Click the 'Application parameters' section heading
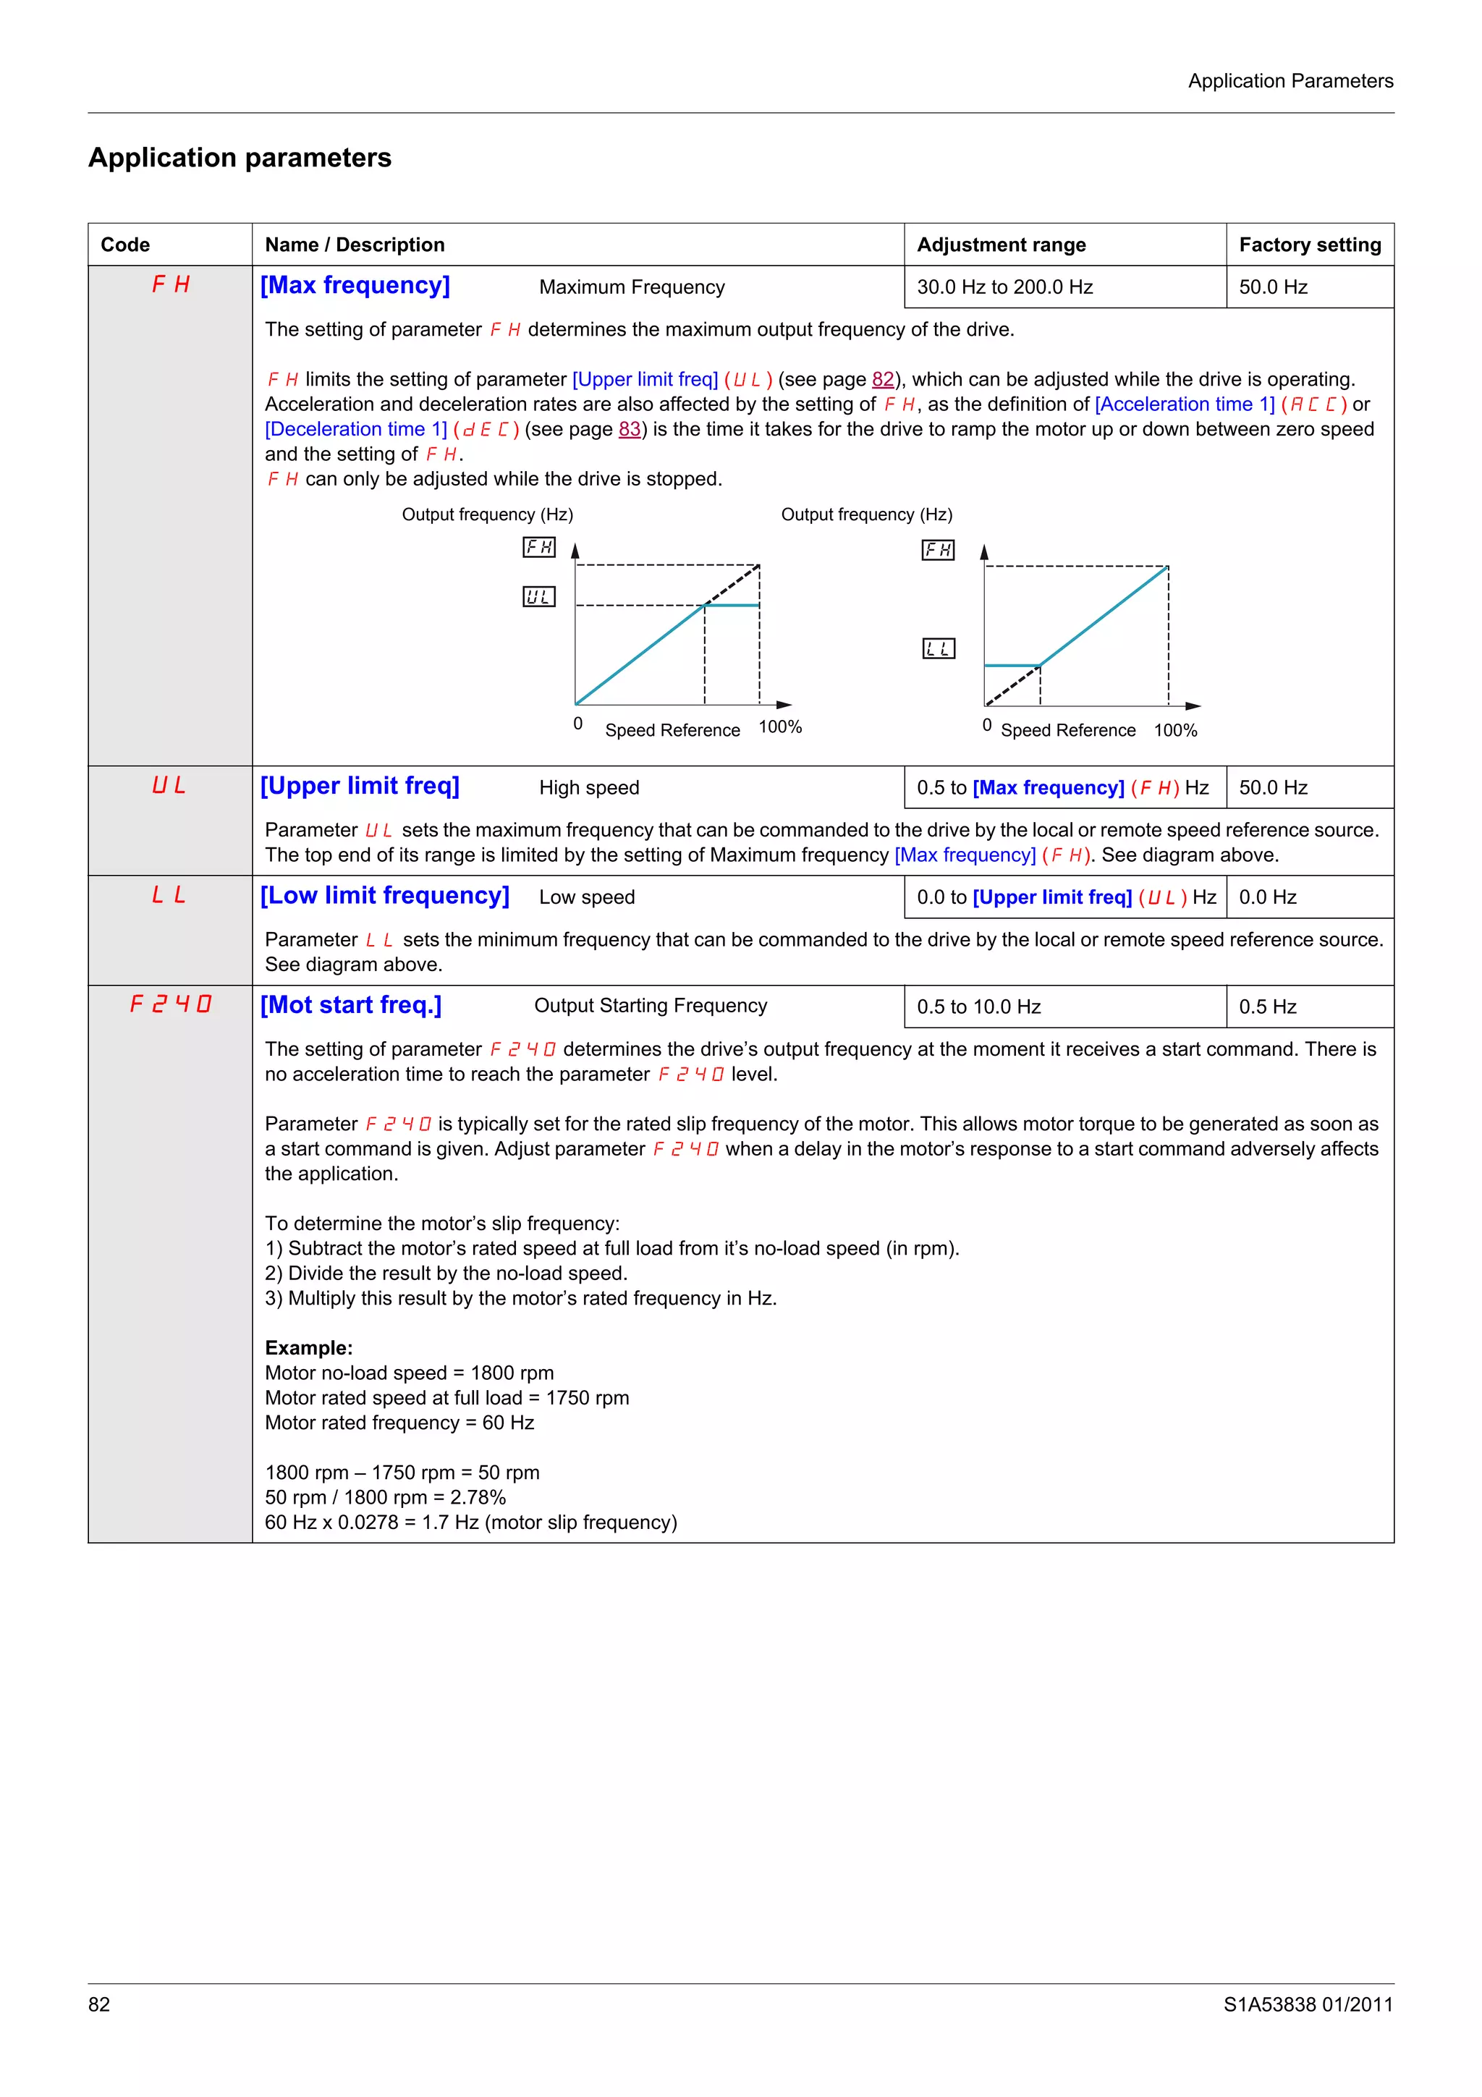(x=240, y=158)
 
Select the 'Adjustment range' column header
(x=1001, y=245)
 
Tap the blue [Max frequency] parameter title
(x=355, y=286)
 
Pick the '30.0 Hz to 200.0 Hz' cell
(x=1004, y=287)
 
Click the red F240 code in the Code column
(x=170, y=1004)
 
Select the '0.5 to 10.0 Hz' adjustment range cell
(x=979, y=1007)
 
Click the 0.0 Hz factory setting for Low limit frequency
(x=1267, y=897)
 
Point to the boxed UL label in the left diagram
(x=538, y=596)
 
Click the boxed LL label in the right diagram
(x=938, y=648)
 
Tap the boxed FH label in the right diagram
(x=938, y=550)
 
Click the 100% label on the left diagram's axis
(x=780, y=727)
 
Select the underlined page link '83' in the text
(x=629, y=429)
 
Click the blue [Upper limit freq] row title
(x=360, y=787)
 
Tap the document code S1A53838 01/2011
(x=1308, y=2004)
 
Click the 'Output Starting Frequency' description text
(x=650, y=1006)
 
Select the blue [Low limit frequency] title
(x=384, y=896)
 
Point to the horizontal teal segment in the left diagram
(x=732, y=606)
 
